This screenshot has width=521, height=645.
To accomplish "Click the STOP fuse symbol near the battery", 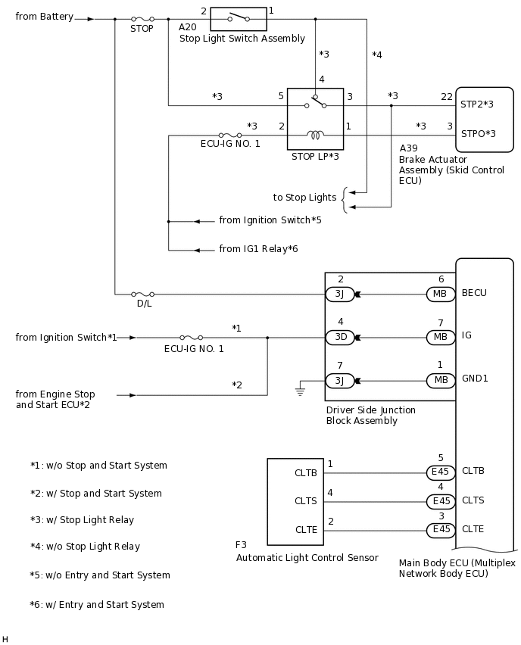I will click(x=142, y=19).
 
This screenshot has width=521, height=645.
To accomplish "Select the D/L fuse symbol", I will click(x=142, y=294).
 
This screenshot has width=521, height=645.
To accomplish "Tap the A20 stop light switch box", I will click(x=238, y=19).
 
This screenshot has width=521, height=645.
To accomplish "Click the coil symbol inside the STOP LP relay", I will click(x=315, y=136).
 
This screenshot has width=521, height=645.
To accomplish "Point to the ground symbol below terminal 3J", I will click(x=300, y=390).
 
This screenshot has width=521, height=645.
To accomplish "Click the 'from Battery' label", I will click(x=45, y=17).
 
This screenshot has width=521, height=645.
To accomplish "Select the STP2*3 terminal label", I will click(x=477, y=104).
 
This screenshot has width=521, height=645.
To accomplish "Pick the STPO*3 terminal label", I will click(x=478, y=134).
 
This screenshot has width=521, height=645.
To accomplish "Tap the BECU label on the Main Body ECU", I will click(x=474, y=293).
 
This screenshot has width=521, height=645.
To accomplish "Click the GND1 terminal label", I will click(x=474, y=379).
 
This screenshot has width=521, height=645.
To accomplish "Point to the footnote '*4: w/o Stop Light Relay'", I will click(x=85, y=547).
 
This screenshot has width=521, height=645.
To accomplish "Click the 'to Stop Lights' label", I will click(x=304, y=198).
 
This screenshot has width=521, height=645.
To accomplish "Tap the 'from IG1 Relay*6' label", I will click(x=258, y=249).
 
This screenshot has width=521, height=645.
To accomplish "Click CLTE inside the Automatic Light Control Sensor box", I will click(x=304, y=530).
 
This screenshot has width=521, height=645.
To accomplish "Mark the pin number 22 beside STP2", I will click(x=447, y=96).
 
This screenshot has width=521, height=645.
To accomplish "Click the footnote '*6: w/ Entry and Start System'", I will click(x=97, y=605).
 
